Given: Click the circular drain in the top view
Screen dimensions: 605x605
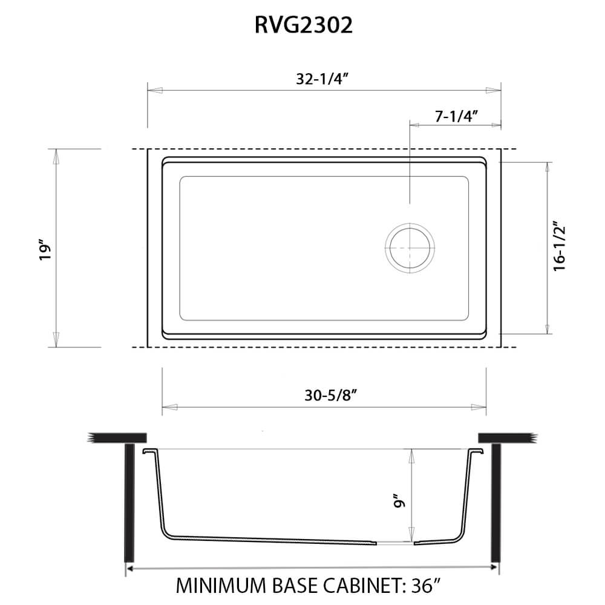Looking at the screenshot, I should (x=410, y=249).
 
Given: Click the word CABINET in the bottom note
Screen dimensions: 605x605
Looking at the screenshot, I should (x=357, y=586).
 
